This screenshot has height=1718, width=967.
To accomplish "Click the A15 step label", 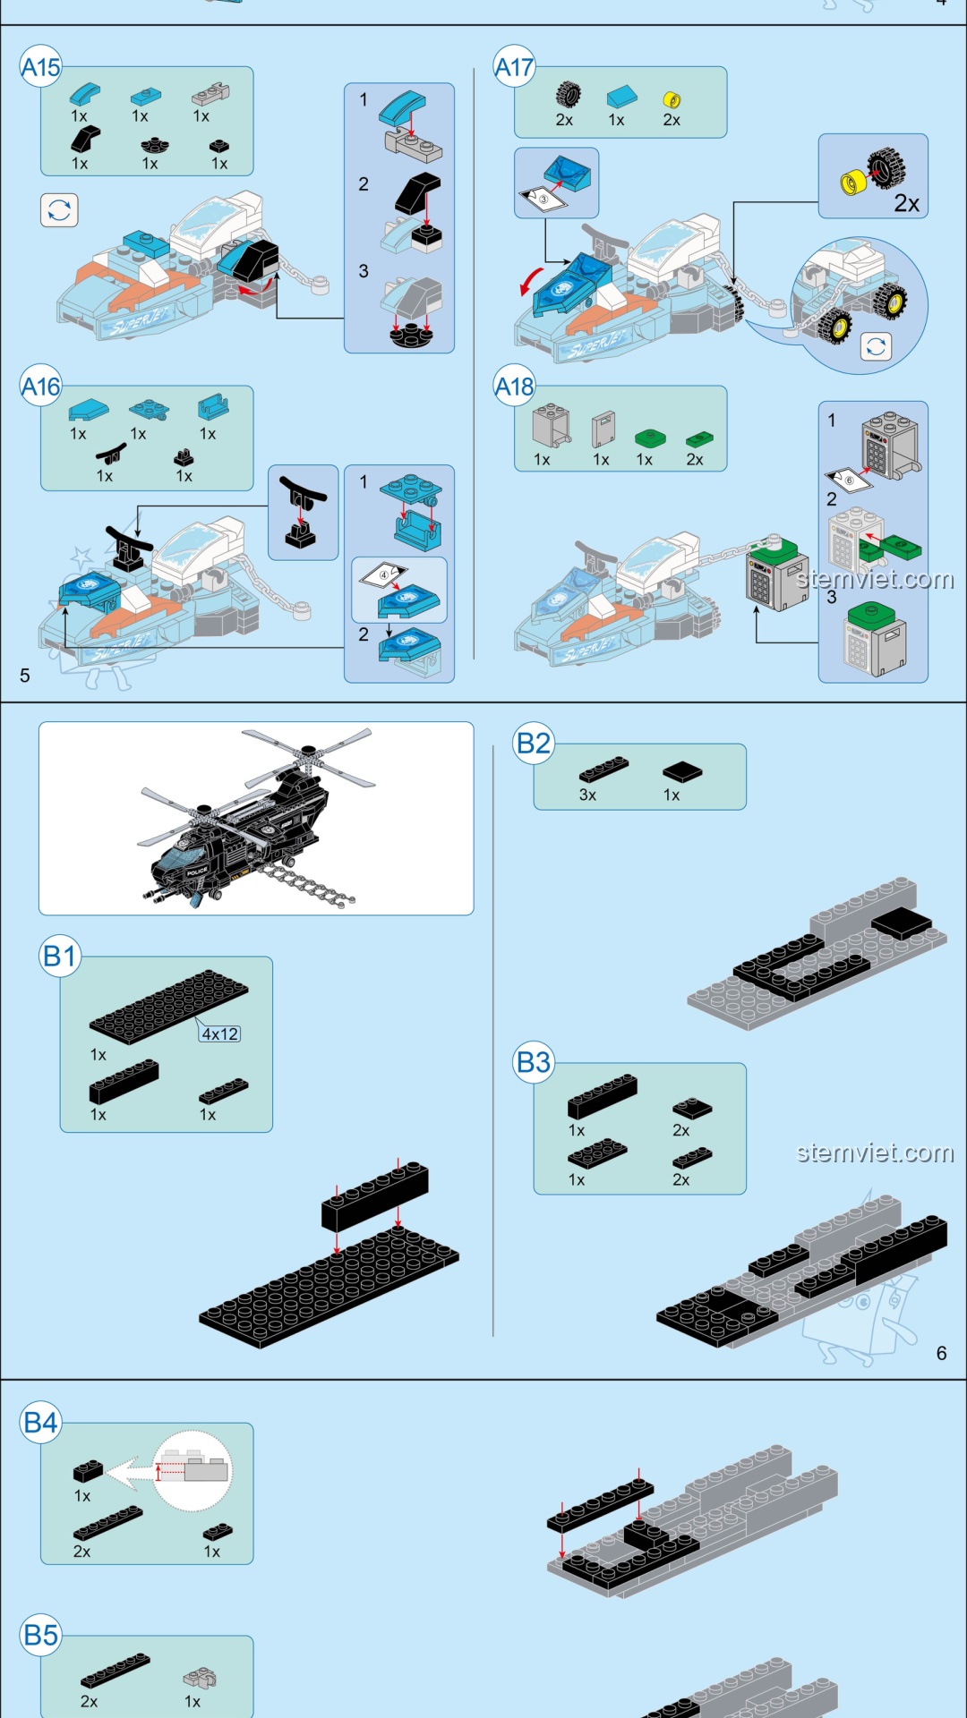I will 40,67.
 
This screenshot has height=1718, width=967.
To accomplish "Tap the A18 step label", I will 514,387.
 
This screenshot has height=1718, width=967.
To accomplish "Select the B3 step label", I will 534,1062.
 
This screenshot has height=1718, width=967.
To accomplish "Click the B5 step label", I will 40,1635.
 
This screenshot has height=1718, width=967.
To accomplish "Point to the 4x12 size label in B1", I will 219,1033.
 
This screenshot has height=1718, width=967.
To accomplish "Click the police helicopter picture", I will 255,819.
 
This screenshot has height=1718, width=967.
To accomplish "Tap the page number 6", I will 941,1353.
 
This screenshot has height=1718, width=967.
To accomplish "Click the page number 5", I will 25,676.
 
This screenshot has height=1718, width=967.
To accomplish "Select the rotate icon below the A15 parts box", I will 59,210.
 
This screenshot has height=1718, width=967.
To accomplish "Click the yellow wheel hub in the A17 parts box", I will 672,99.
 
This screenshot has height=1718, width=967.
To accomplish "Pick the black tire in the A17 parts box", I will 568,94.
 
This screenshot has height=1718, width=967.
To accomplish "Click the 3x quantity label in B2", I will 587,795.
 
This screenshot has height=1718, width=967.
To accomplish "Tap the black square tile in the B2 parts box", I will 682,771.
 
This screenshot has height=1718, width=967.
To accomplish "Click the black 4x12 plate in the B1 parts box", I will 168,1006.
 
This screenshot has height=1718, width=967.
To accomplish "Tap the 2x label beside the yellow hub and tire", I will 906,203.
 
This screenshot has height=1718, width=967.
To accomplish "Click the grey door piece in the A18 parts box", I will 603,429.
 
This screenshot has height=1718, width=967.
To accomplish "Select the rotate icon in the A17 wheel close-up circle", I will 876,346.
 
